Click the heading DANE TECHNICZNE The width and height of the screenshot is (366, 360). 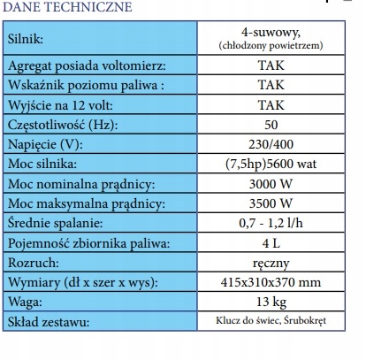tap(67, 8)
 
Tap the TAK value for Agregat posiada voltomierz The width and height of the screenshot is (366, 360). tap(271, 66)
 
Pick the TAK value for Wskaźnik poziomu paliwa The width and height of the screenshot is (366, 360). tap(271, 87)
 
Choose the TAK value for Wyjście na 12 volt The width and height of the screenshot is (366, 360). tap(271, 106)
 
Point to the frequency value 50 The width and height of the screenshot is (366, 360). tap(271, 126)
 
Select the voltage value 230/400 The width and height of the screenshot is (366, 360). tap(271, 145)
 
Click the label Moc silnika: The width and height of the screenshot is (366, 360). tap(43, 165)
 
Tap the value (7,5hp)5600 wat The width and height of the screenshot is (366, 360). tap(271, 165)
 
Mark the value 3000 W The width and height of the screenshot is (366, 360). tap(271, 184)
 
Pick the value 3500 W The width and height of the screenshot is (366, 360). tap(271, 203)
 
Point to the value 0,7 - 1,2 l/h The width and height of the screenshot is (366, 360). tap(271, 224)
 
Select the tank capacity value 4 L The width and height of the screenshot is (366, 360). tap(271, 243)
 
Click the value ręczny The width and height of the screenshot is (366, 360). tap(271, 263)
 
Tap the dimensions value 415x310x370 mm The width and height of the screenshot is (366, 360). tap(271, 282)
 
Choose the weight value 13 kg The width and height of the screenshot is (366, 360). tap(271, 302)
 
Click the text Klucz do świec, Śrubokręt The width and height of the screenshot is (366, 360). tap(271, 322)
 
